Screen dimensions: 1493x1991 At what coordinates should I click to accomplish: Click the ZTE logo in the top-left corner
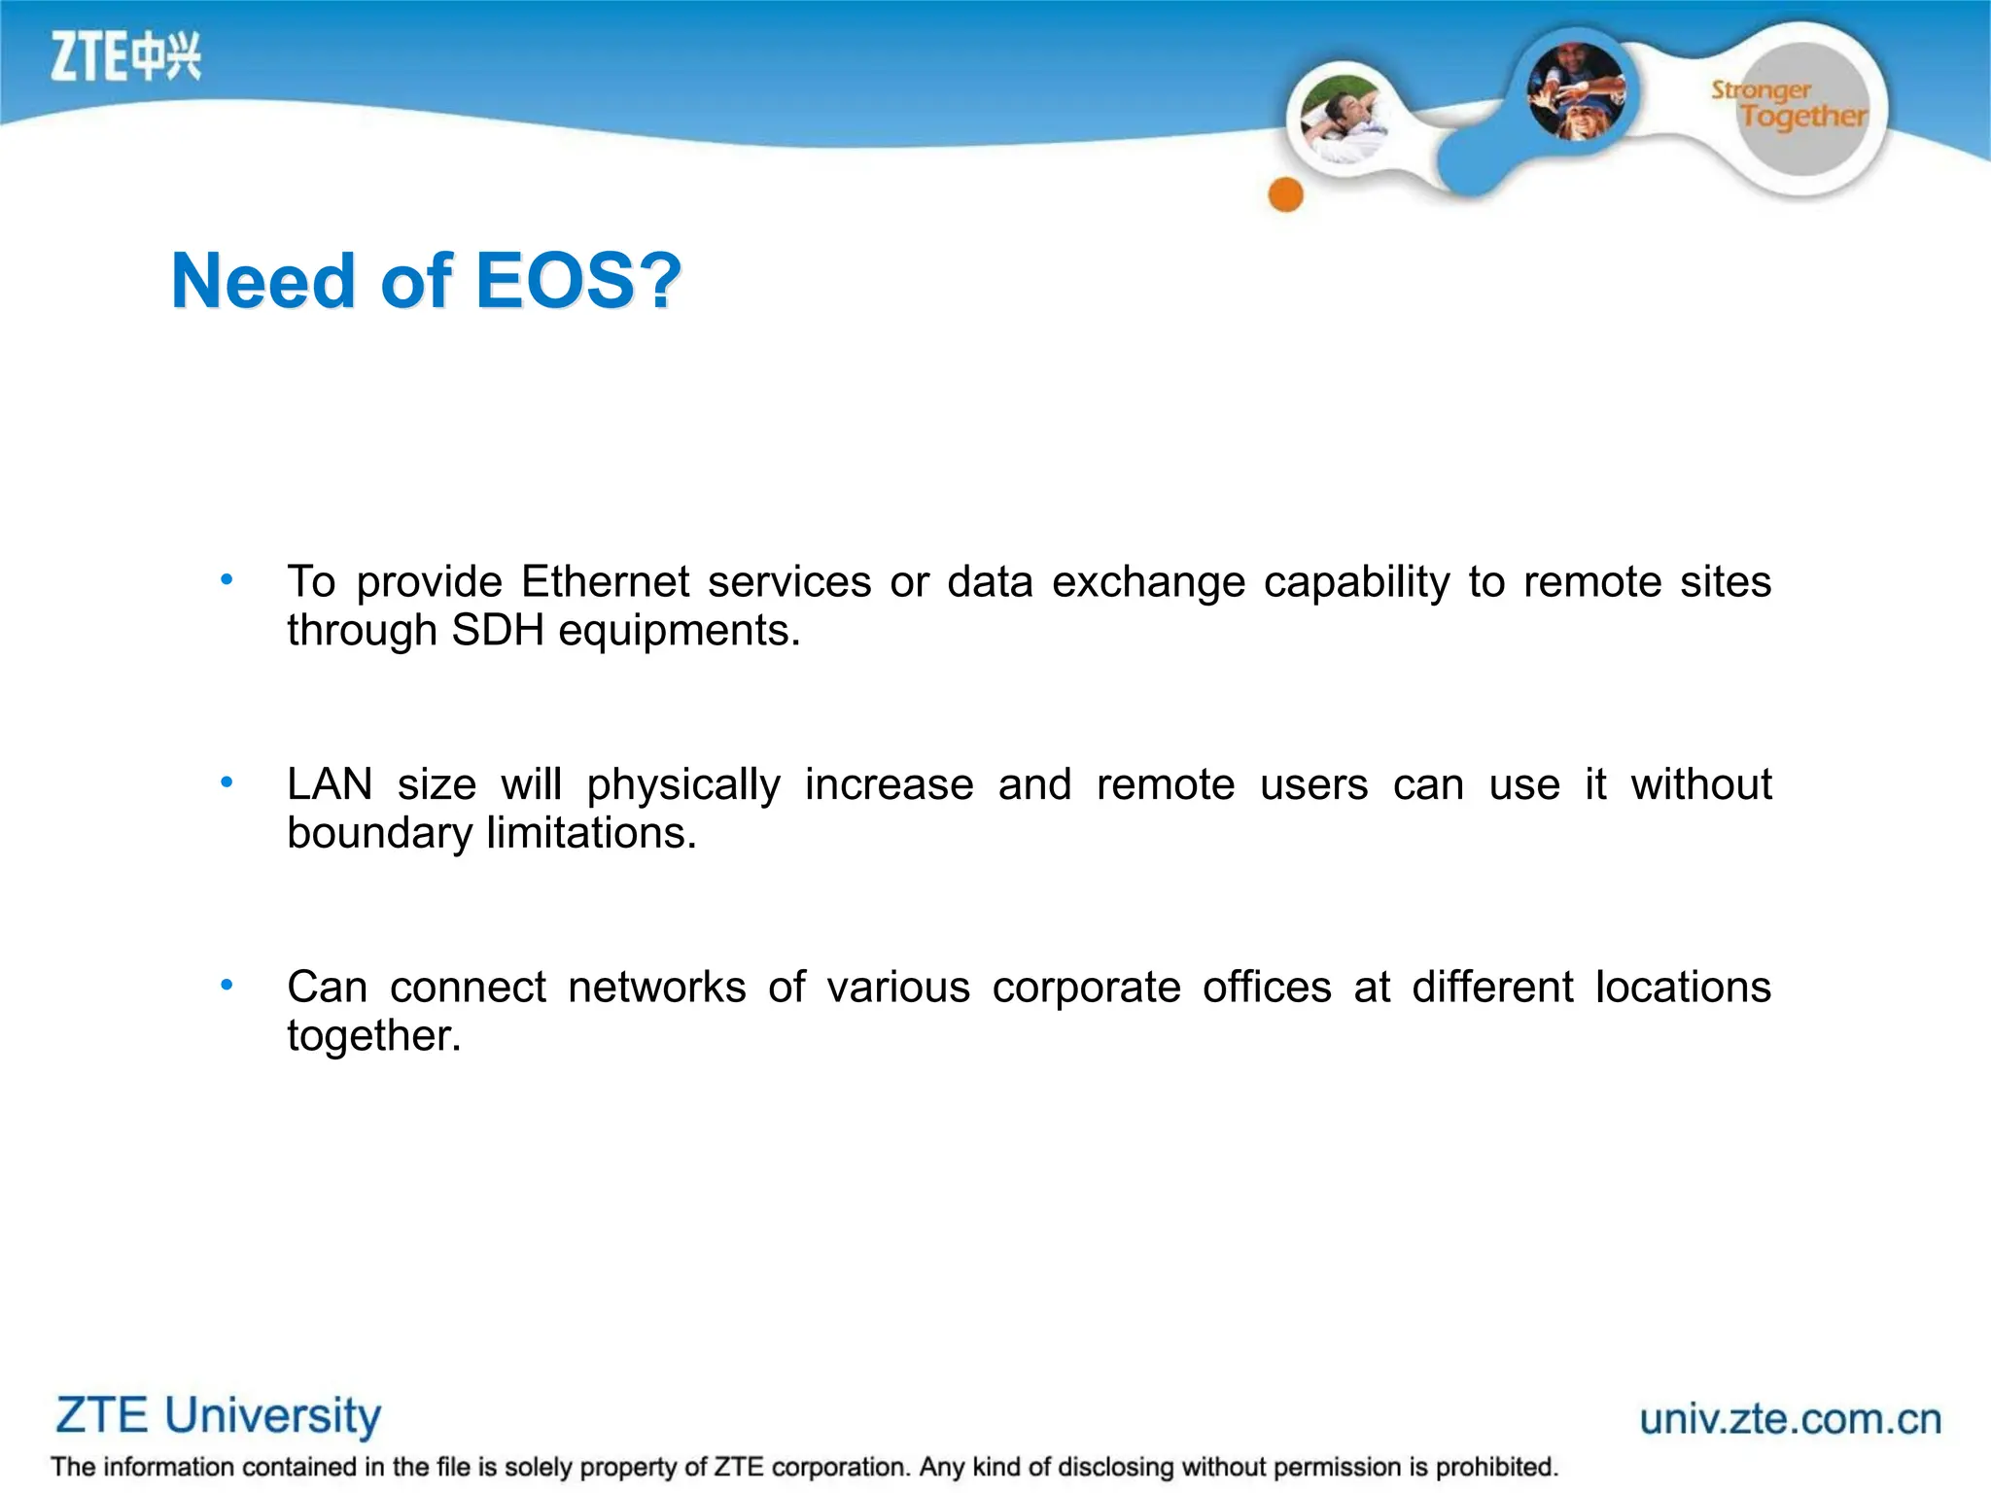tap(125, 55)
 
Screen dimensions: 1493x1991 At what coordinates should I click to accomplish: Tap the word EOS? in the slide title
tap(578, 281)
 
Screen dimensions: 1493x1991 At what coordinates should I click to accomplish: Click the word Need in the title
tap(263, 281)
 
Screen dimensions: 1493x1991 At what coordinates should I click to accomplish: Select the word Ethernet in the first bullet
tap(605, 582)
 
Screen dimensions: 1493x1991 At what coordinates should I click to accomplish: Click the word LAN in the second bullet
tap(330, 784)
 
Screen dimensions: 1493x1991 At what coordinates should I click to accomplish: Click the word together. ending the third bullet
tap(373, 1036)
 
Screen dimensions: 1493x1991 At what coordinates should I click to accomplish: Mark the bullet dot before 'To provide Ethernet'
tap(227, 580)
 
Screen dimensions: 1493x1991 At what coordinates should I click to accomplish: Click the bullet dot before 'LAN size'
tap(227, 781)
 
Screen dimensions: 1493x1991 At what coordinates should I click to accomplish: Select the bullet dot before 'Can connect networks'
tap(227, 985)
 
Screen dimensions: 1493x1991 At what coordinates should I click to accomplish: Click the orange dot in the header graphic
tap(1285, 194)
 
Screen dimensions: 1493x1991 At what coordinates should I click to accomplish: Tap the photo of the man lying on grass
tap(1344, 119)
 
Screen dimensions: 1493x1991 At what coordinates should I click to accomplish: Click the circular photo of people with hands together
tap(1576, 92)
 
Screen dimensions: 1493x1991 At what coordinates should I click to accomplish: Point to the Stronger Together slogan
tap(1789, 105)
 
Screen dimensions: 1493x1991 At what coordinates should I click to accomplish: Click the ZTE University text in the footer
tap(218, 1415)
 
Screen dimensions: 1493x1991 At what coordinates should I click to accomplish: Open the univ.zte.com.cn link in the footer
tap(1790, 1419)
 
